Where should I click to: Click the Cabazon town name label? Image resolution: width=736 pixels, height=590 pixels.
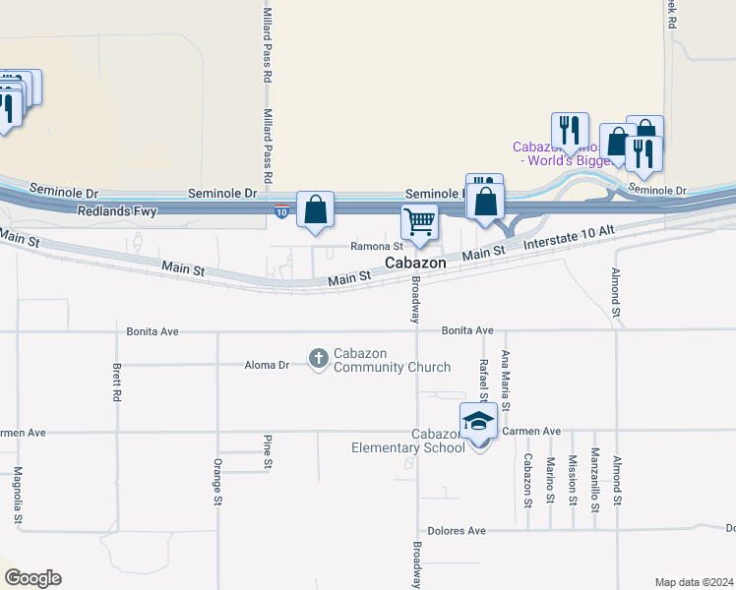(414, 264)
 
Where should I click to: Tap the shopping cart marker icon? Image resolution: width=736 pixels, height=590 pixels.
(419, 221)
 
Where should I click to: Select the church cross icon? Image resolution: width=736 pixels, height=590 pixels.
(318, 359)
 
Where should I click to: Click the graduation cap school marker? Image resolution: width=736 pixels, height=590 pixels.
(479, 421)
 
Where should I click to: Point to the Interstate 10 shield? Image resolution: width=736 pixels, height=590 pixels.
(281, 210)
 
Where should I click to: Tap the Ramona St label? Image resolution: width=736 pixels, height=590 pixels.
(379, 247)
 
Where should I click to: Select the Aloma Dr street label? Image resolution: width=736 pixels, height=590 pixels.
(267, 365)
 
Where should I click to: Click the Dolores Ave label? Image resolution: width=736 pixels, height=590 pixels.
(462, 531)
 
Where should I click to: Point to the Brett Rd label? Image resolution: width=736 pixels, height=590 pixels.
(117, 383)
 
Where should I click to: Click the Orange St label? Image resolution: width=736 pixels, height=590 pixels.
(217, 482)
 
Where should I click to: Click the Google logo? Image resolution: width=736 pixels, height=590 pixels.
(31, 578)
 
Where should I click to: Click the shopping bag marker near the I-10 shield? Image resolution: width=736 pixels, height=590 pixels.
(315, 209)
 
